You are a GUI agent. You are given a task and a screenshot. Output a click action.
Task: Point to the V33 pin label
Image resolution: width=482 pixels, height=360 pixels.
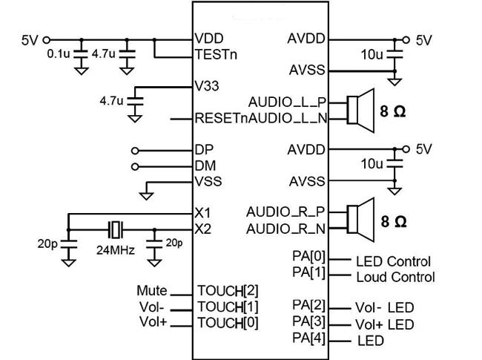tap(207, 87)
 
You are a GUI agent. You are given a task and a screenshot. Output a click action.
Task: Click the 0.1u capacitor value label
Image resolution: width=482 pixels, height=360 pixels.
tap(58, 54)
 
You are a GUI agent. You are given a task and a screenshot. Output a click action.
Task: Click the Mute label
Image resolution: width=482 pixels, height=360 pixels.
tap(152, 290)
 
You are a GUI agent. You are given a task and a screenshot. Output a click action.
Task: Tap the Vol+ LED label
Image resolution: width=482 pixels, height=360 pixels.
tap(384, 324)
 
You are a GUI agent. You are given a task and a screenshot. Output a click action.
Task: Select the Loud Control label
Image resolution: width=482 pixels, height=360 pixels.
tap(395, 278)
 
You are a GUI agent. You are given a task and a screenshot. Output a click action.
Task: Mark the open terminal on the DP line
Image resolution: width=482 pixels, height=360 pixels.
tap(135, 149)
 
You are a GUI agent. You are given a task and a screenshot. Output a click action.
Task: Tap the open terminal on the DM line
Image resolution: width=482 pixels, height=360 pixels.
tap(135, 166)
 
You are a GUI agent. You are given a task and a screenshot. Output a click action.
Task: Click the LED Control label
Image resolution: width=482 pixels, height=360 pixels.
tap(393, 261)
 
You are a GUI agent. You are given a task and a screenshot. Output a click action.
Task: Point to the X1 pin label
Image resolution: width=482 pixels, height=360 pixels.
tap(202, 213)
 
